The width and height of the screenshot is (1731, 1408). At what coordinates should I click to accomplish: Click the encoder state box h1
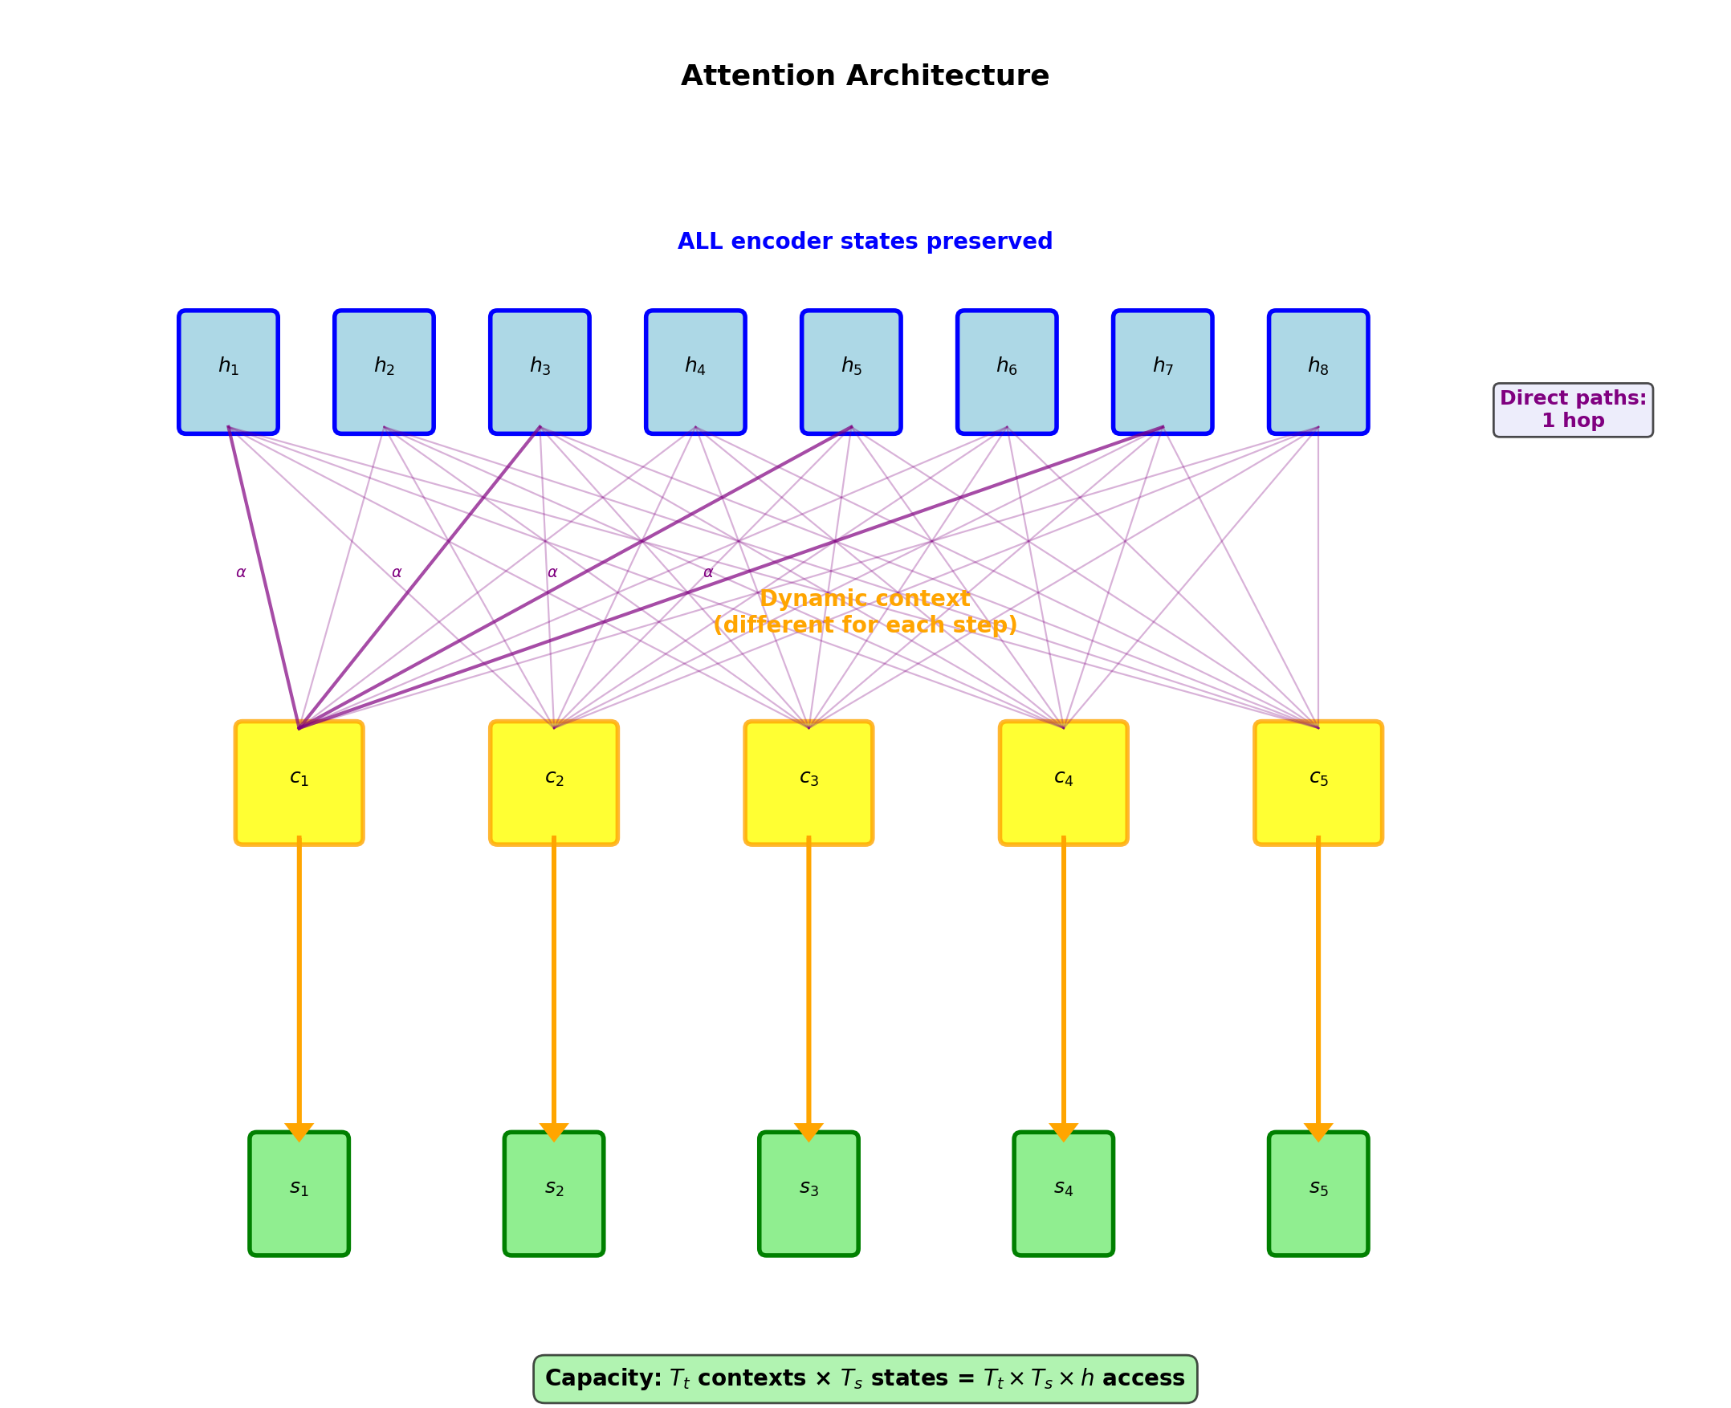coord(228,372)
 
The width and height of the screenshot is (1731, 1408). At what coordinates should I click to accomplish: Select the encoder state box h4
coord(695,372)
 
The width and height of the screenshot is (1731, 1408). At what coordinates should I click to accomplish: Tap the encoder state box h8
coord(1318,372)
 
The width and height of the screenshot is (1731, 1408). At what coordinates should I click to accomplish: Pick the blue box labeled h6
coord(1007,372)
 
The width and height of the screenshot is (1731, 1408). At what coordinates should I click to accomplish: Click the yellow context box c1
coord(299,783)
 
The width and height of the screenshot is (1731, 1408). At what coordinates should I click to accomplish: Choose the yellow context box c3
coord(808,783)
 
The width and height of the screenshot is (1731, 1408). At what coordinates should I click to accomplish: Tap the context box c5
coord(1318,783)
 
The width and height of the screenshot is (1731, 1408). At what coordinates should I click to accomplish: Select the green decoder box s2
coord(554,1194)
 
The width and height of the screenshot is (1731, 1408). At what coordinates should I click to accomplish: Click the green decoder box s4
coord(1064,1194)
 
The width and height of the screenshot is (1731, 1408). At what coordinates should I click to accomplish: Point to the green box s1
coord(299,1194)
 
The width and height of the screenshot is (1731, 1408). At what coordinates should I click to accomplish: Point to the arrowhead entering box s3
coord(808,1130)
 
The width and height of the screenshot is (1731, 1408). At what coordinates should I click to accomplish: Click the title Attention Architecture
coord(865,76)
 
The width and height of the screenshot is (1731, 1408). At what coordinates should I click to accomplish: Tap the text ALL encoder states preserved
coord(865,242)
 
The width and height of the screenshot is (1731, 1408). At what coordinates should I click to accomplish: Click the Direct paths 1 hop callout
coord(1573,409)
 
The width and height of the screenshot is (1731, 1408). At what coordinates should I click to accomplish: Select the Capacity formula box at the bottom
coord(865,1379)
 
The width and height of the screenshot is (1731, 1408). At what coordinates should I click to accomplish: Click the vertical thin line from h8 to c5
coord(1318,584)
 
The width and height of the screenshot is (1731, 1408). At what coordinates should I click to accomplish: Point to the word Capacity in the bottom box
coord(603,1379)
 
